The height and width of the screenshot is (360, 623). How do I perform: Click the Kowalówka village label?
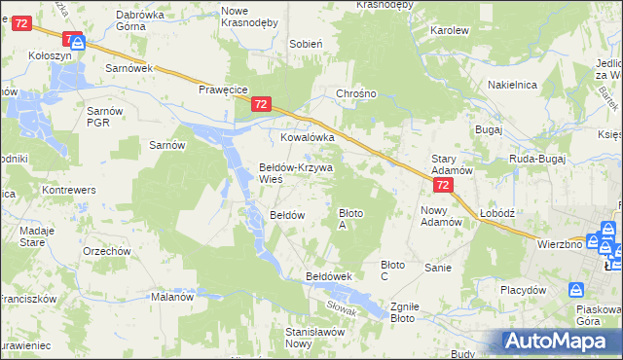[308, 138]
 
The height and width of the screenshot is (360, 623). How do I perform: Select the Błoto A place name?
[352, 218]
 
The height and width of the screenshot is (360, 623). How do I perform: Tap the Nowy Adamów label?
[441, 216]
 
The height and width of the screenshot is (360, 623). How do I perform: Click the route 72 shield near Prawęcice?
[260, 104]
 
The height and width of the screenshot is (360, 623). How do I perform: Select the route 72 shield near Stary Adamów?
[443, 185]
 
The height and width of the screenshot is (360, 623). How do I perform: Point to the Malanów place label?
[173, 298]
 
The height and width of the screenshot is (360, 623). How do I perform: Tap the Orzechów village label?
[107, 251]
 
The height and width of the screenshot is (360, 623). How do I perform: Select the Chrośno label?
[355, 94]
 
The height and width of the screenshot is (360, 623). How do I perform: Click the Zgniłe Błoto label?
[403, 311]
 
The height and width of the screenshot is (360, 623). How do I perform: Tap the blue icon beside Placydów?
[577, 288]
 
